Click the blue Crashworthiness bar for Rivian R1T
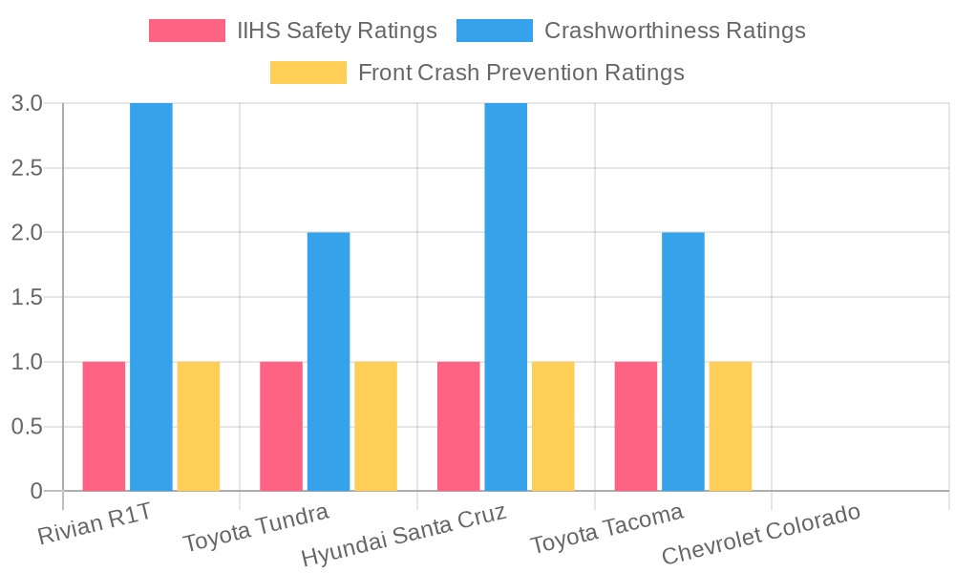pyautogui.click(x=151, y=297)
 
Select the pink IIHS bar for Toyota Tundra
pyautogui.click(x=281, y=426)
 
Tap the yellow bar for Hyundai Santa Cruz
pyautogui.click(x=553, y=426)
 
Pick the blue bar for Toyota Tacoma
pyautogui.click(x=683, y=361)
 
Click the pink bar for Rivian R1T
pyautogui.click(x=103, y=426)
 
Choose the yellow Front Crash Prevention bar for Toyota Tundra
pyautogui.click(x=375, y=426)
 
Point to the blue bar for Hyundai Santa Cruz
pyautogui.click(x=505, y=297)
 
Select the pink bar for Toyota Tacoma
pyautogui.click(x=636, y=426)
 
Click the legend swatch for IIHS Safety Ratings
pyautogui.click(x=187, y=31)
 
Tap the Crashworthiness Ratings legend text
pyautogui.click(x=674, y=31)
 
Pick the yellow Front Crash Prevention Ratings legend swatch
pyautogui.click(x=308, y=73)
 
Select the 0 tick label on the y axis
pyautogui.click(x=36, y=491)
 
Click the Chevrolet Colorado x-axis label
pyautogui.click(x=761, y=535)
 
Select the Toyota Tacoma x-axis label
pyautogui.click(x=607, y=528)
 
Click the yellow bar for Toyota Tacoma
pyautogui.click(x=731, y=426)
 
